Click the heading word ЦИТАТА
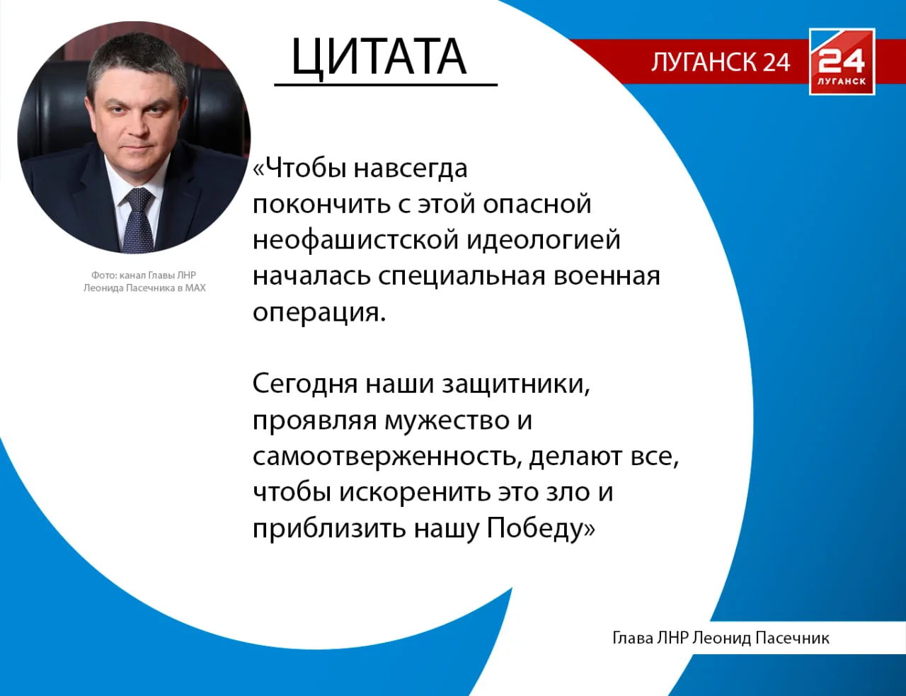[379, 57]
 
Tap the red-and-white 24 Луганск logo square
[842, 62]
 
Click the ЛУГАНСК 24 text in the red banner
[720, 62]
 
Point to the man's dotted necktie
[137, 219]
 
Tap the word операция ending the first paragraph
[318, 312]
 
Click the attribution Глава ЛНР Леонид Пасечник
[720, 638]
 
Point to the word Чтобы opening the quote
[306, 169]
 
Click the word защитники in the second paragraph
[515, 384]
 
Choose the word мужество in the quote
[447, 421]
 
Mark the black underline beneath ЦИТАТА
[386, 85]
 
